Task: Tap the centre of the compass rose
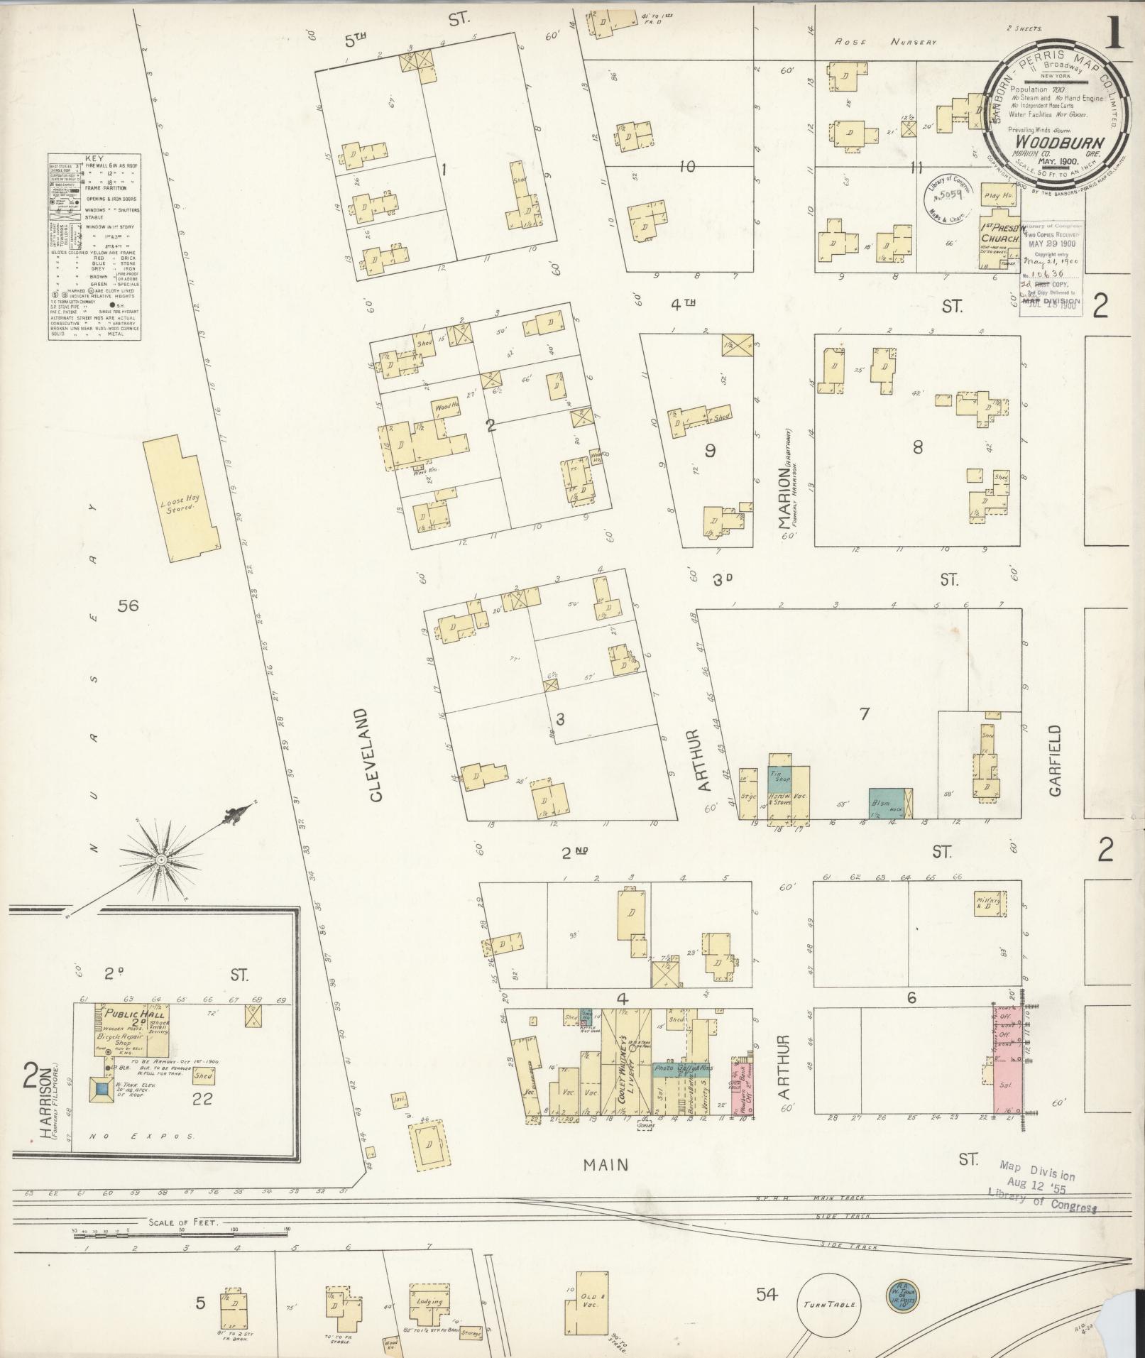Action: pyautogui.click(x=161, y=860)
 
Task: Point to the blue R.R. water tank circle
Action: pyautogui.click(x=902, y=1294)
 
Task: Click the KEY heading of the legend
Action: pyautogui.click(x=94, y=160)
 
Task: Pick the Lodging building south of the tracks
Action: pyautogui.click(x=430, y=1301)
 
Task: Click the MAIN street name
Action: pyautogui.click(x=606, y=1164)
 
